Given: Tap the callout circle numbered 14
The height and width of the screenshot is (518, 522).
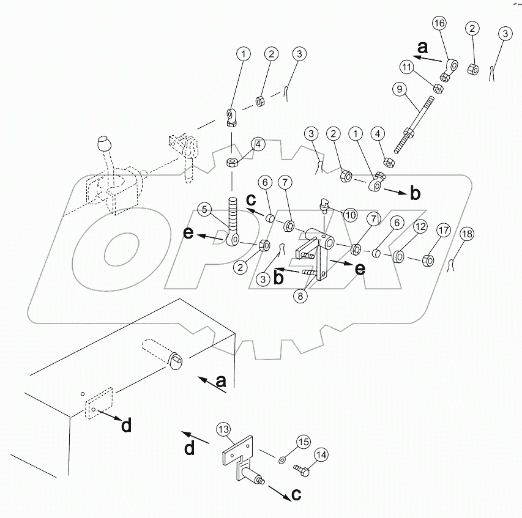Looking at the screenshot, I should (321, 455).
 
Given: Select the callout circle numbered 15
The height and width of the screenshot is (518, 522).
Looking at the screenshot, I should (304, 442).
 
